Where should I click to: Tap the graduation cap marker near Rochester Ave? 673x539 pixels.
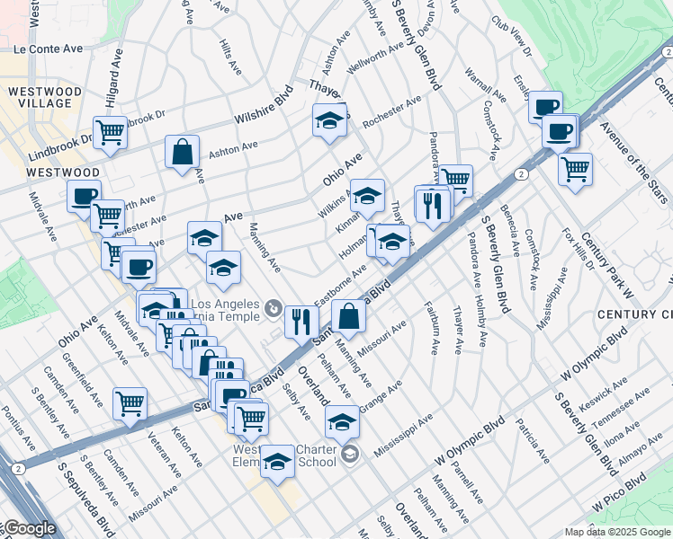[330, 119]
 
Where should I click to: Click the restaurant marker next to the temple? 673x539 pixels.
[301, 321]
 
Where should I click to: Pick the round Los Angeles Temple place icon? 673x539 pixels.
[274, 310]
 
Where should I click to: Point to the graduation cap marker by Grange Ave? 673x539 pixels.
[342, 420]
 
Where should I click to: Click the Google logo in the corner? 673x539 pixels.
[29, 528]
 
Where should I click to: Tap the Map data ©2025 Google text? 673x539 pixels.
[617, 532]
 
